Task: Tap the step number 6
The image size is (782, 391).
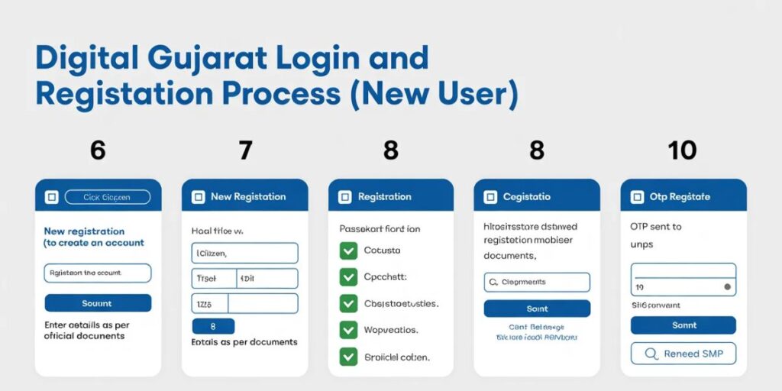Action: [98, 150]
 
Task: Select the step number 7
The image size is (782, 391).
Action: [245, 150]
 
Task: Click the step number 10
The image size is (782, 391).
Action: [682, 150]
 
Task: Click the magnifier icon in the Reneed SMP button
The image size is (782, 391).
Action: [651, 354]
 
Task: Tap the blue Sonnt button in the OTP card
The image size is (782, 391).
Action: [683, 325]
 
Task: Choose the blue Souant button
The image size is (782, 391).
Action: [98, 303]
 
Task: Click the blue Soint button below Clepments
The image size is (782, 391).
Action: [537, 309]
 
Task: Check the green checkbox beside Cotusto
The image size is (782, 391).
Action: [348, 250]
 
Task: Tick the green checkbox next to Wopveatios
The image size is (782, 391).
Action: [348, 330]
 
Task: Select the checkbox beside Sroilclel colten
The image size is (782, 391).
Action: [348, 356]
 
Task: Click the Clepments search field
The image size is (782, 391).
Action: [537, 282]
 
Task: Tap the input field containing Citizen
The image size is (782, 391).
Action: [244, 253]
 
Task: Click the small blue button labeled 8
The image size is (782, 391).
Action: [213, 326]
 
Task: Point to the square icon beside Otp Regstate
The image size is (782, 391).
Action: [636, 197]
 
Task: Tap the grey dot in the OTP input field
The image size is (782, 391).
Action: [727, 288]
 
